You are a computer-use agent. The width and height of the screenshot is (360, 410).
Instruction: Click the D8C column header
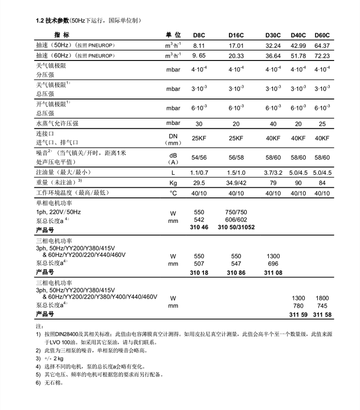click(199, 36)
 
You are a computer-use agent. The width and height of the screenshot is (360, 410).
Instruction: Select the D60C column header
click(322, 36)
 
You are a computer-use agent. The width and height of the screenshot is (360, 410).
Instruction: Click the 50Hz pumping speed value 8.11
click(199, 46)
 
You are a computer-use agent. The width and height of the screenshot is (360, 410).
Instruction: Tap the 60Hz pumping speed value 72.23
click(322, 56)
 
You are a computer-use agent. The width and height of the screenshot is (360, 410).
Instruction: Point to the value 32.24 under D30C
click(273, 46)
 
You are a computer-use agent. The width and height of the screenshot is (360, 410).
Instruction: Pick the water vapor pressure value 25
click(322, 124)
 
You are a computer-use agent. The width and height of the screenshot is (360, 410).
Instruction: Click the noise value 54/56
click(199, 157)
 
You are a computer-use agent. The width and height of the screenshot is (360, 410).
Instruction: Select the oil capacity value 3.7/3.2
click(273, 172)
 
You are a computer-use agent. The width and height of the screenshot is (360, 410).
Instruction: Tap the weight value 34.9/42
click(236, 182)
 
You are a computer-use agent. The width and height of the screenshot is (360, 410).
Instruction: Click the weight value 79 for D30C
click(273, 182)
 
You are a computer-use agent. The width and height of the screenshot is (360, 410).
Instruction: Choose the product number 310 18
click(199, 273)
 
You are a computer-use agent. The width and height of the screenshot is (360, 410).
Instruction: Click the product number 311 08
click(273, 273)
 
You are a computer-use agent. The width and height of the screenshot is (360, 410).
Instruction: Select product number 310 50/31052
click(236, 227)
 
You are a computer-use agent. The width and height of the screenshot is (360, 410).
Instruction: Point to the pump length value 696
click(273, 264)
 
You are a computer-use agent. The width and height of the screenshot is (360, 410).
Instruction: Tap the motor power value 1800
click(322, 298)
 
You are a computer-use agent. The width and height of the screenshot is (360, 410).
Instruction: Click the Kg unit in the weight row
click(173, 183)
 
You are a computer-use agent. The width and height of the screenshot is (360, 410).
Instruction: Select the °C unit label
click(173, 193)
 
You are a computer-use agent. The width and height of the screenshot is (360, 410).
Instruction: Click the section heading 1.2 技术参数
click(52, 21)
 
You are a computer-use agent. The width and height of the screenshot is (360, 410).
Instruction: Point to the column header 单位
click(173, 36)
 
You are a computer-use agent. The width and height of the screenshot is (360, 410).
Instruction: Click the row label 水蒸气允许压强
click(57, 123)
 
